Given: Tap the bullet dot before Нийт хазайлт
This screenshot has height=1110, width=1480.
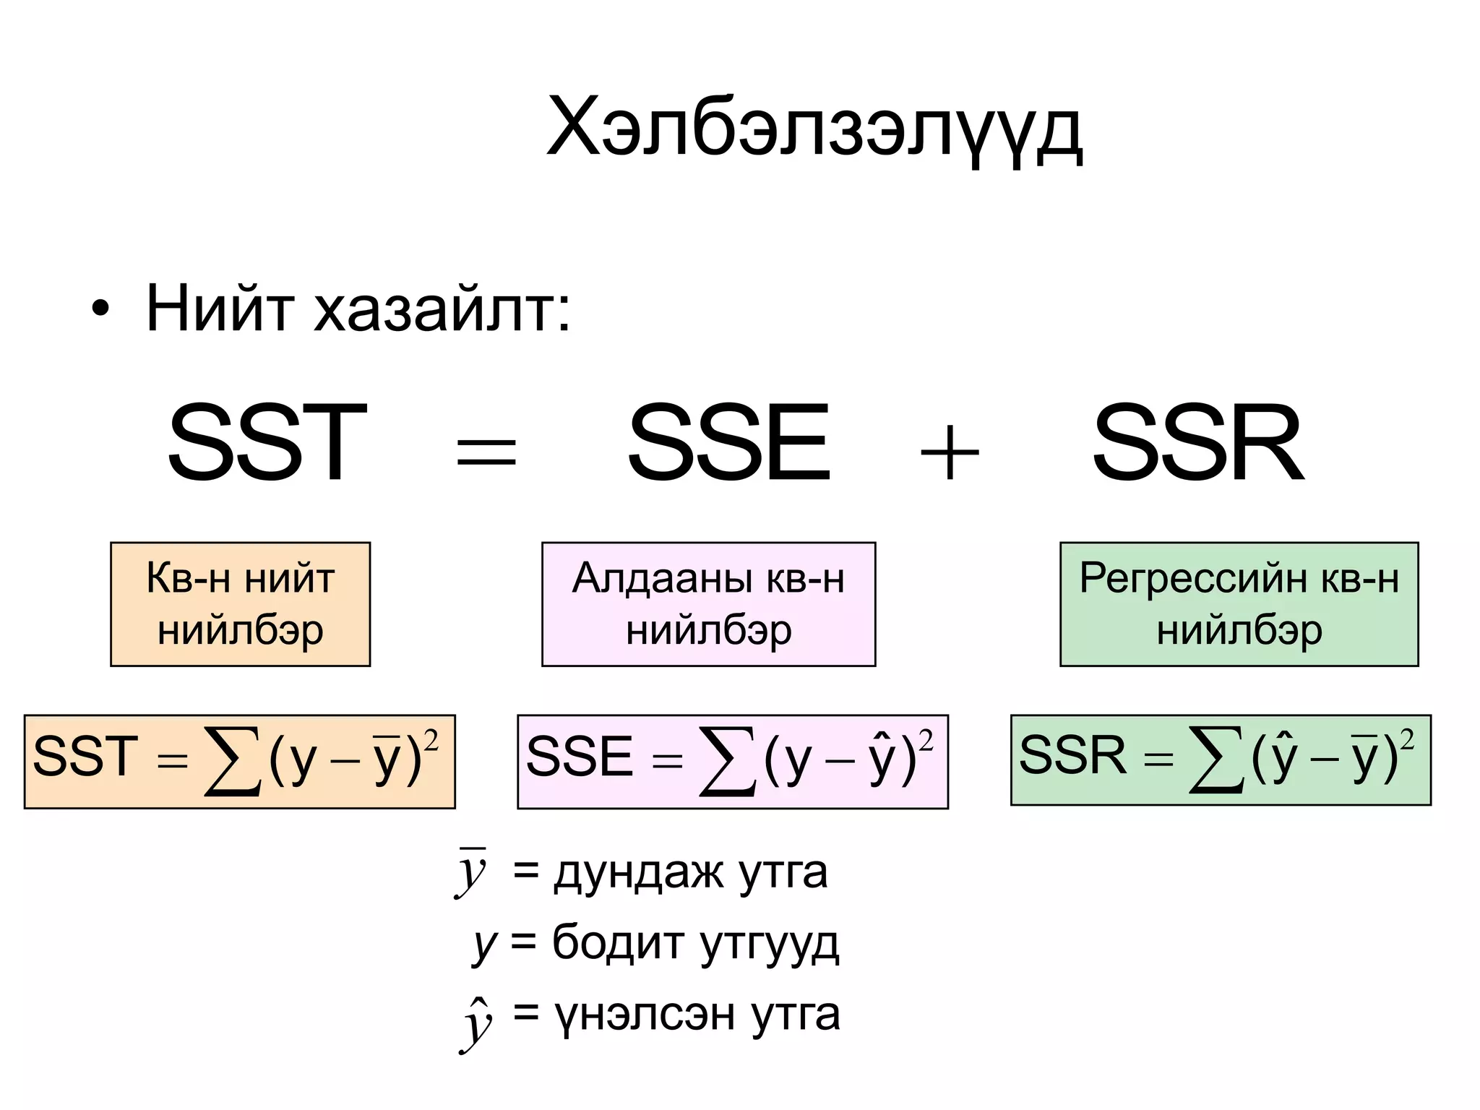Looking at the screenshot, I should coord(100,310).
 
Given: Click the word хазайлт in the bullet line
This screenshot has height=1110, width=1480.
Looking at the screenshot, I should coord(441,310).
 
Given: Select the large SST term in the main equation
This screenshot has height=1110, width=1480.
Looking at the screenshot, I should coord(267,444).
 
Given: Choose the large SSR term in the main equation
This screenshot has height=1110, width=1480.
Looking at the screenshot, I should coord(1197,444).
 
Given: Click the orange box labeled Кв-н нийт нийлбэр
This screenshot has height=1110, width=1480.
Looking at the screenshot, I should coord(240,603).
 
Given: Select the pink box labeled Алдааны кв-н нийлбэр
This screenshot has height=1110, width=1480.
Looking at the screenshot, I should coord(708,603).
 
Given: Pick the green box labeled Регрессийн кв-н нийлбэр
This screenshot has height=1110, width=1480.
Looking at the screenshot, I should coord(1239,603).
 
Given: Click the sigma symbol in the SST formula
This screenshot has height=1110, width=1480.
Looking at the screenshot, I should coord(232,761).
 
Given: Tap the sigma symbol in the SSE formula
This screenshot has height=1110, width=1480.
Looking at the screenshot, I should coord(727,761).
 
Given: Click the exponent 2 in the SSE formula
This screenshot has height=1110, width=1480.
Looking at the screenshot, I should coord(926,741).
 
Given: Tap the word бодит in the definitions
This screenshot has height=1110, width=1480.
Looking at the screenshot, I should coord(618,943).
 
